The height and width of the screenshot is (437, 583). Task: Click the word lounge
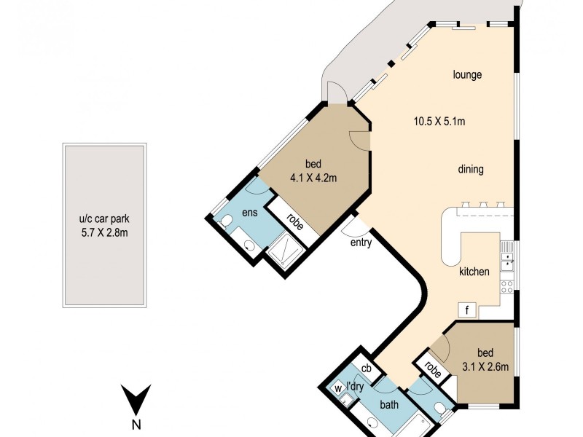click(x=467, y=75)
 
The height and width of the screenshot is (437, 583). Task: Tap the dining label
click(x=471, y=170)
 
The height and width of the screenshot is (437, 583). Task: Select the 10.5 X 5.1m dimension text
click(x=439, y=121)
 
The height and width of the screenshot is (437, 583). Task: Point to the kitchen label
click(x=474, y=271)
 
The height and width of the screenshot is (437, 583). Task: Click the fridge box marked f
click(x=467, y=310)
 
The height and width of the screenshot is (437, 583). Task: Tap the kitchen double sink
click(x=507, y=261)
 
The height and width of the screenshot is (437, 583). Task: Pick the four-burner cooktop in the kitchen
click(x=507, y=287)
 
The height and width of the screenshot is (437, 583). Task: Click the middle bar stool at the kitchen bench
click(x=483, y=204)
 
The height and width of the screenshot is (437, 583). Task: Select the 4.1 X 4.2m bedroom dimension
click(x=313, y=178)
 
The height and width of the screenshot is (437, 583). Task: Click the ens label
click(x=250, y=213)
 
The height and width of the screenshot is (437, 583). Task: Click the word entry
click(x=361, y=243)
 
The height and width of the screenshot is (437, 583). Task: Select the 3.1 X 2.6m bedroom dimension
click(x=485, y=367)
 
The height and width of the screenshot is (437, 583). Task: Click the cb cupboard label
click(x=367, y=368)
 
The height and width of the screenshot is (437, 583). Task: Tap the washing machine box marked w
click(x=338, y=389)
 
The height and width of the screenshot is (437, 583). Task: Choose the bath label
click(x=389, y=404)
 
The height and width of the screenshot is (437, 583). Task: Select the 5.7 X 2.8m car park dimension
click(x=104, y=233)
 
